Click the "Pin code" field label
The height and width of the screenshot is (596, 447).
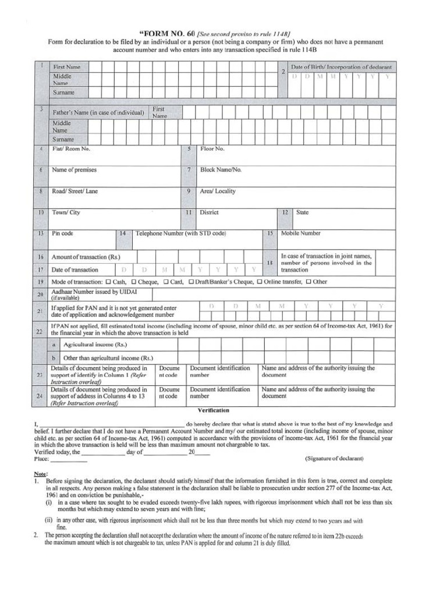pos(63,233)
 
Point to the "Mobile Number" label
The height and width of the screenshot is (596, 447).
pos(301,233)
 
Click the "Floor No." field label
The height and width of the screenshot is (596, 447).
pos(212,149)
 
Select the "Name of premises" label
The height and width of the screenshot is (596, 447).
pos(74,170)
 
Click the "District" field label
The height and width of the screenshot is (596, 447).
pos(209,212)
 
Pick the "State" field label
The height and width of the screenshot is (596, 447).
pos(302,212)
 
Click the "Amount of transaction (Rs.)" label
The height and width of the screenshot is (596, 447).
pos(86,257)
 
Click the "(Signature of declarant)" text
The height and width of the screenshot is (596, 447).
pos(334,459)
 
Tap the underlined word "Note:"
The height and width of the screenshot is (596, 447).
pos(41,474)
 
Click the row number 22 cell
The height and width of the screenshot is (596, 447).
pos(40,331)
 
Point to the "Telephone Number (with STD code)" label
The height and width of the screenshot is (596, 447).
pos(180,233)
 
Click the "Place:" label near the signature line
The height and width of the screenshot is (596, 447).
pos(42,459)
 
